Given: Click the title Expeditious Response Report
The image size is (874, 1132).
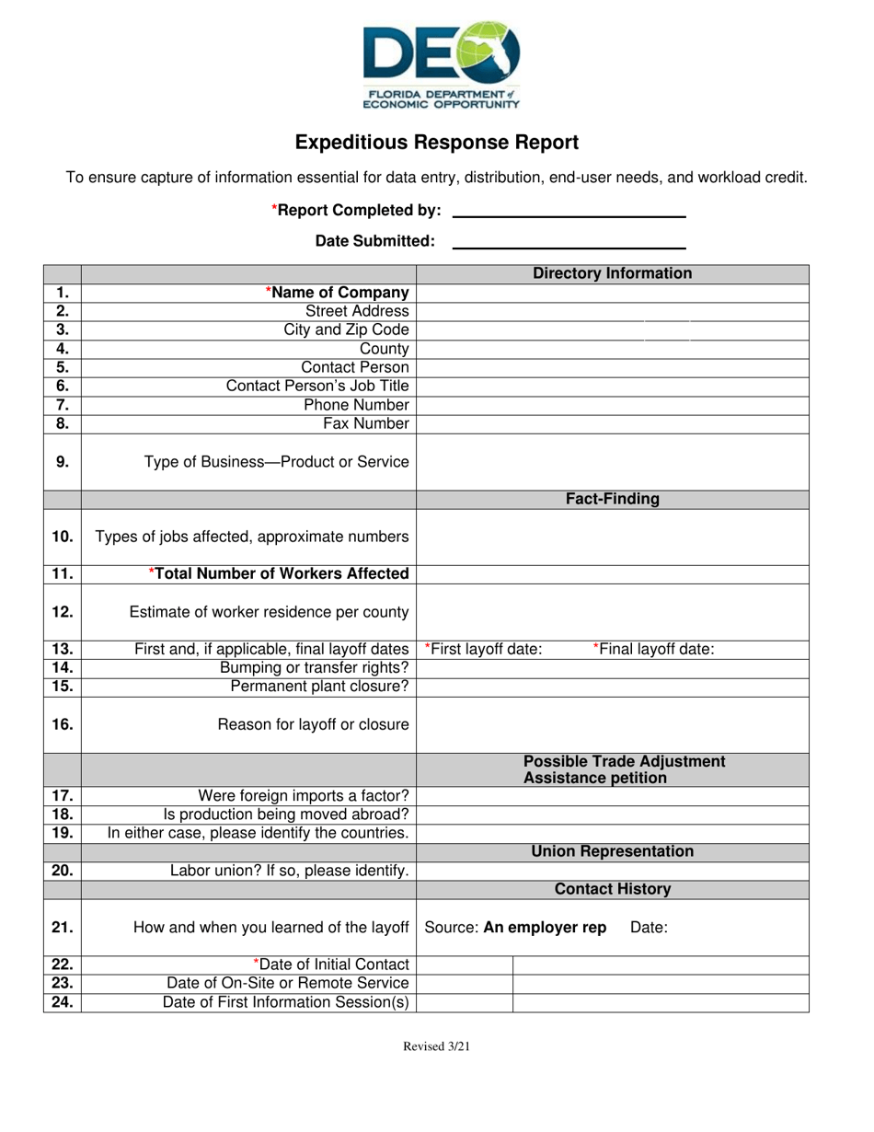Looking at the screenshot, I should pyautogui.click(x=437, y=143).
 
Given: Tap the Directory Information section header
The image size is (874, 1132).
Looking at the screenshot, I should pyautogui.click(x=613, y=273).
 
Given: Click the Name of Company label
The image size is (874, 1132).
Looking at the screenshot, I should pyautogui.click(x=338, y=293).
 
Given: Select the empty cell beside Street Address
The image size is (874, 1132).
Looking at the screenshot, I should pyautogui.click(x=613, y=312).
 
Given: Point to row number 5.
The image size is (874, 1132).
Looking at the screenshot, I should pyautogui.click(x=63, y=367).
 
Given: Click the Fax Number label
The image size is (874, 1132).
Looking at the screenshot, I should pyautogui.click(x=365, y=423).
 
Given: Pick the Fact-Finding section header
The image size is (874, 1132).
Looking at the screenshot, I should pyautogui.click(x=613, y=499).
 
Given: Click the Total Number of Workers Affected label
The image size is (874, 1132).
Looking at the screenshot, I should pyautogui.click(x=280, y=573).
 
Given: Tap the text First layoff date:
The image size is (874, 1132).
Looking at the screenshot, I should pyautogui.click(x=484, y=649).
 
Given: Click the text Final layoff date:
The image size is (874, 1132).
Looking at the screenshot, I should pyautogui.click(x=654, y=649).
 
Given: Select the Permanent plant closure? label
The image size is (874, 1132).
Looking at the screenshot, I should pyautogui.click(x=319, y=687).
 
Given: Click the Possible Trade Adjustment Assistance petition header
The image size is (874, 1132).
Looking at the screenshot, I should pyautogui.click(x=624, y=769).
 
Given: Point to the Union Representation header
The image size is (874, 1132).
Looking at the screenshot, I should pyautogui.click(x=613, y=851).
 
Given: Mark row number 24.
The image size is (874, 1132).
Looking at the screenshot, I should pyautogui.click(x=63, y=1002).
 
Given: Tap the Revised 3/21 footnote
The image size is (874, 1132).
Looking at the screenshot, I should pyautogui.click(x=437, y=1046).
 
